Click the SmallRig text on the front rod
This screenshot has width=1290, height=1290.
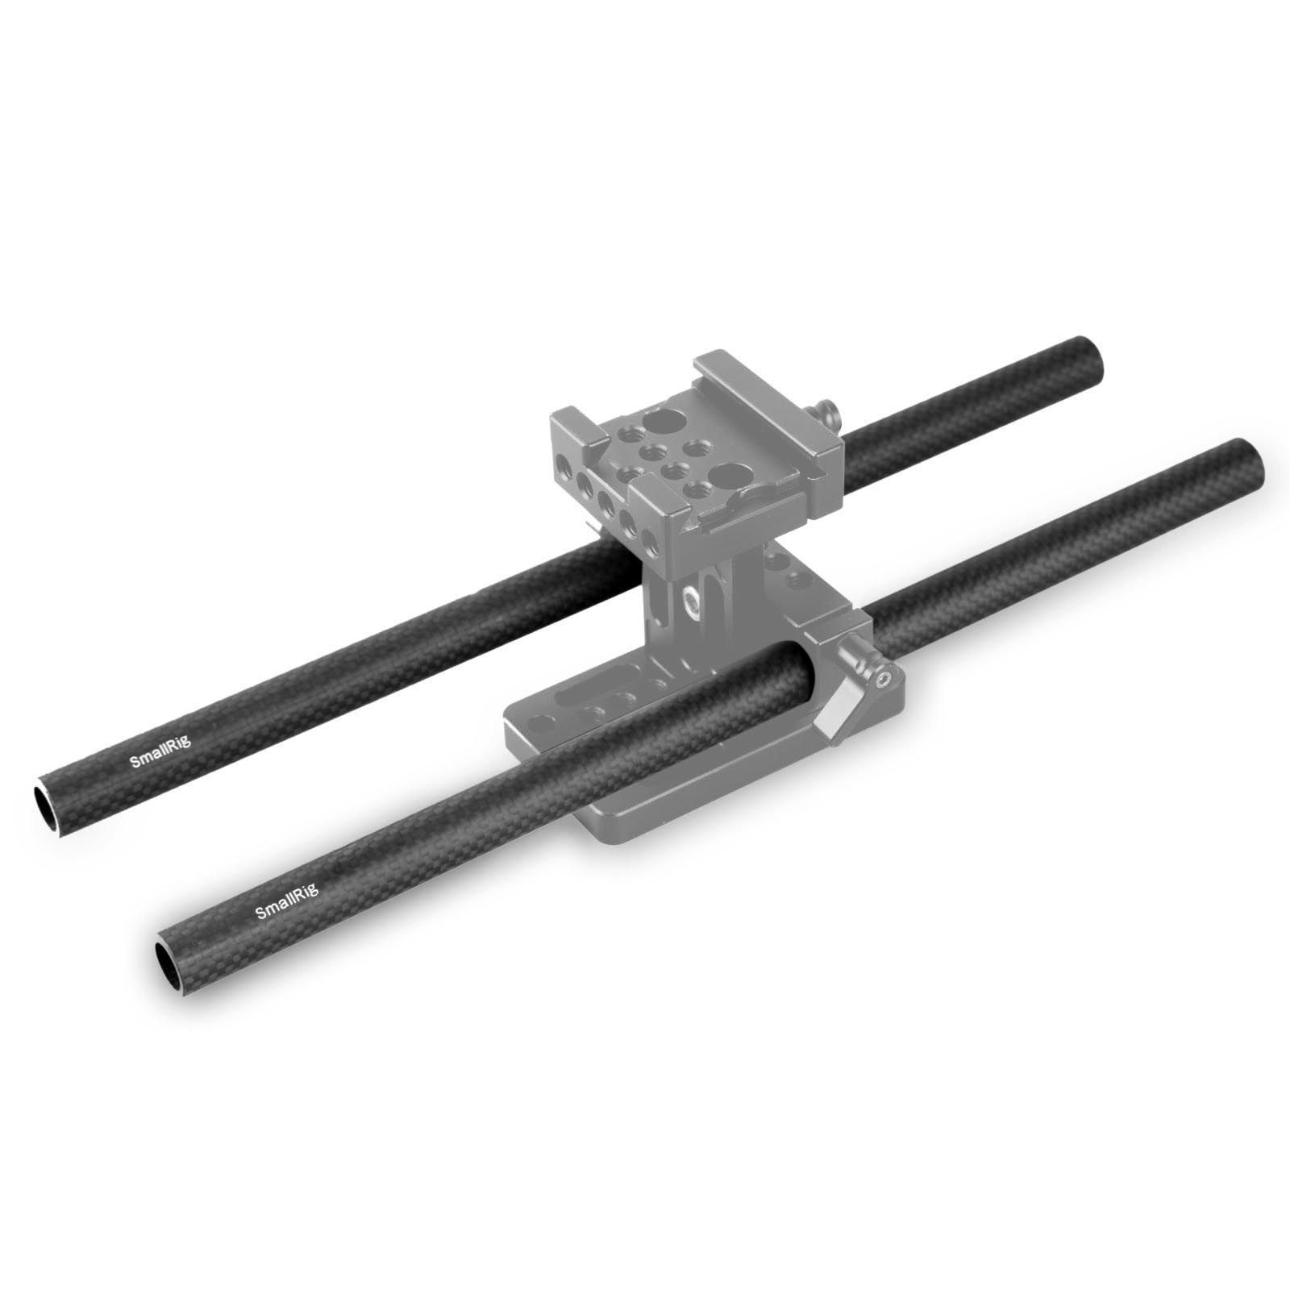point(287,901)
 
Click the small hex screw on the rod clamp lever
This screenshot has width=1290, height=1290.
point(884,679)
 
